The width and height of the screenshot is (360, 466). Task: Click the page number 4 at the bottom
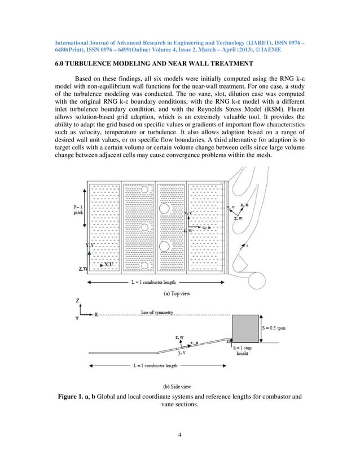tap(180, 434)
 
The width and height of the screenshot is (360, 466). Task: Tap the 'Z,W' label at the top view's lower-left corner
tap(83, 269)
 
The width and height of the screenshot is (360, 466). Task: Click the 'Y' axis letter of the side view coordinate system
tap(77, 319)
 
